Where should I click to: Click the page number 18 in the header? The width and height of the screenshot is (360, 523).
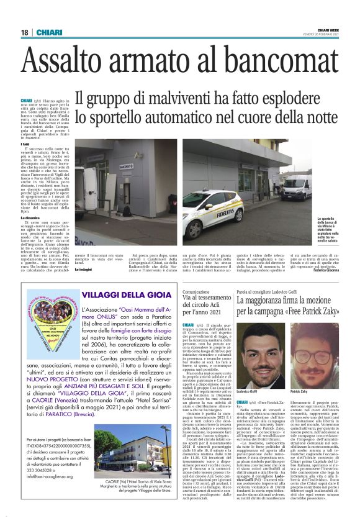point(24,33)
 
